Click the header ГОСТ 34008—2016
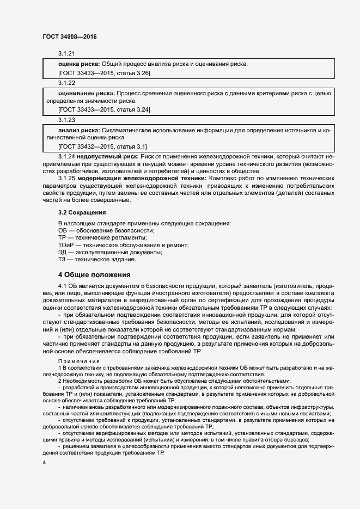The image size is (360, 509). (69, 37)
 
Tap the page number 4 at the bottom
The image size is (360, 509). (44, 462)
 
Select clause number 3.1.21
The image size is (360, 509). (66, 53)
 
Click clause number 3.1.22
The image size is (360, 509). (66, 83)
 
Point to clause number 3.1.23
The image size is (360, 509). (66, 119)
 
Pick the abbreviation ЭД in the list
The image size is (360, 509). (63, 252)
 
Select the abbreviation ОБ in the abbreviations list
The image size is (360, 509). (63, 231)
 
